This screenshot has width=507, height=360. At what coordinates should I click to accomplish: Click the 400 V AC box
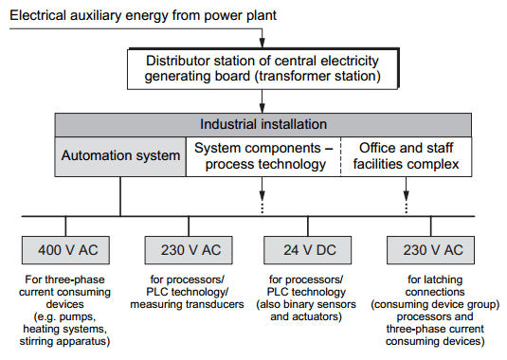[x=64, y=250]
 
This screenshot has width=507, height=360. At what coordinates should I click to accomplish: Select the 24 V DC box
[x=305, y=250]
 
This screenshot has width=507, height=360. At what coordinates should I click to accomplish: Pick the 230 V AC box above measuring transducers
[x=184, y=250]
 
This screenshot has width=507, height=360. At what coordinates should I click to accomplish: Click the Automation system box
[x=120, y=155]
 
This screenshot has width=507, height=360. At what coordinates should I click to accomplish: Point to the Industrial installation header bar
[x=263, y=124]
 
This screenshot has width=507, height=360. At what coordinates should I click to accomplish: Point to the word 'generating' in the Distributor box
[x=184, y=75]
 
